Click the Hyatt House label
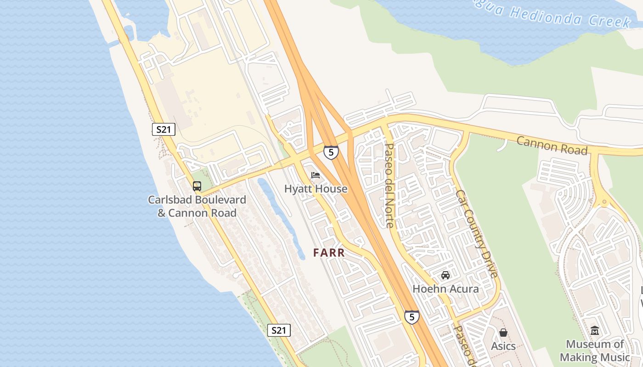pos(316,189)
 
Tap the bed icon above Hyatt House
pos(316,175)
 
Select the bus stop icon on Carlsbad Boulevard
pos(197,186)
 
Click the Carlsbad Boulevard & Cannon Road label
pos(197,206)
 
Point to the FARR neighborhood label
pos(329,253)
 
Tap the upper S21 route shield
pos(164,129)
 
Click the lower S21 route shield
pos(279,330)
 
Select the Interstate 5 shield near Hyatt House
pos(331,152)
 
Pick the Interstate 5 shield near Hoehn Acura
pos(412,317)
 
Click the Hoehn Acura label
pos(446,289)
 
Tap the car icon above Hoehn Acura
pos(445,275)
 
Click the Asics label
pos(503,346)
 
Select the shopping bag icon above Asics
pos(503,333)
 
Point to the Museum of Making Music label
pos(595,350)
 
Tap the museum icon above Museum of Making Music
pos(595,330)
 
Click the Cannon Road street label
pos(552,145)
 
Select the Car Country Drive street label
pos(477,234)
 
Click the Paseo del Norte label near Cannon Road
pos(389,185)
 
